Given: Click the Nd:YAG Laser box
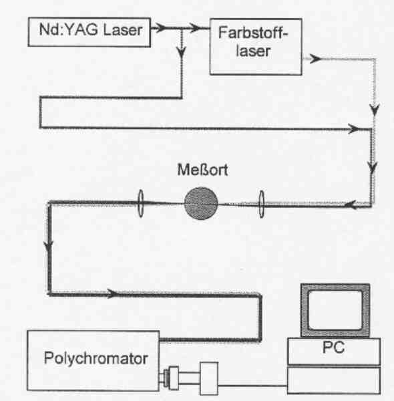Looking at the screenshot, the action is (89, 32).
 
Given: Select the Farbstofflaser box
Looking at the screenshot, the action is (256, 47).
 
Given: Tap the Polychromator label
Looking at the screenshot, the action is (95, 358).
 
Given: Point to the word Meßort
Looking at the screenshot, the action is (202, 170).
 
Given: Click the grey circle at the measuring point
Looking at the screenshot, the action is (201, 203).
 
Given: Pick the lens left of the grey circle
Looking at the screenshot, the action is (140, 203).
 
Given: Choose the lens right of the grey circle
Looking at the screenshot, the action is (261, 204).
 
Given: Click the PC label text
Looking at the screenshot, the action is (333, 348).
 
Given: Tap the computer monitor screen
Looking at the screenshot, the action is (335, 310).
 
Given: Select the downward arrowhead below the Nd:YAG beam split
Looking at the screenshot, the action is (182, 52).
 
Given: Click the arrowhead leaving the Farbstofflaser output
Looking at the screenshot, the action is (315, 59).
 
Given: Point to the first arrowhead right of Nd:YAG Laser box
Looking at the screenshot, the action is (160, 27).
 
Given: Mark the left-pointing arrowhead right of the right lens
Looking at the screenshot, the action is (351, 205).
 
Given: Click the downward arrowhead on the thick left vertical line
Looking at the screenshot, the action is (49, 247).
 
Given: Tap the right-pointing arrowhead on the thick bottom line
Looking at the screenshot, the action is (112, 293).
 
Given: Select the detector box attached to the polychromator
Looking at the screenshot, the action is (209, 378).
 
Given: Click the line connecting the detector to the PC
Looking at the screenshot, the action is (252, 385).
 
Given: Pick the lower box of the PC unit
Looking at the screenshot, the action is (334, 380).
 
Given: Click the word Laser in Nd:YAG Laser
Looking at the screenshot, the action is (123, 30).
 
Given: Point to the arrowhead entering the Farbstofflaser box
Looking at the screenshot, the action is (196, 27).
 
